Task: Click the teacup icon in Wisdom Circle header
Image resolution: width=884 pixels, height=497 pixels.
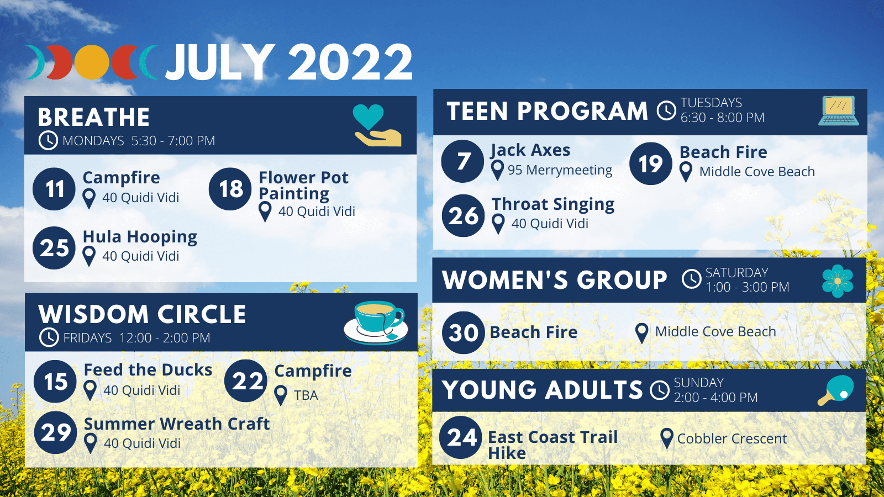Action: [x=376, y=322]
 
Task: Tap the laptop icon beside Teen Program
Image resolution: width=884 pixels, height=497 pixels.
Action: [x=839, y=111]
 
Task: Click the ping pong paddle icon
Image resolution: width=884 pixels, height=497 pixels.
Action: [x=836, y=390]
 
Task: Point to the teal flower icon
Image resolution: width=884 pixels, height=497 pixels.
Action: [x=838, y=281]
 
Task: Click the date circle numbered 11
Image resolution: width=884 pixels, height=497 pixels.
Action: [x=54, y=189]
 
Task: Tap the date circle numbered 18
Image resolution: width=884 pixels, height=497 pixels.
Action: [x=230, y=189]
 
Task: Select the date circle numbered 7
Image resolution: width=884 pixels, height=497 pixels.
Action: [x=462, y=161]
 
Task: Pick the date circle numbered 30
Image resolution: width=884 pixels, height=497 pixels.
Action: [x=464, y=332]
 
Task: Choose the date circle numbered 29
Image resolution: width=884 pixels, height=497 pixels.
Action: [x=56, y=433]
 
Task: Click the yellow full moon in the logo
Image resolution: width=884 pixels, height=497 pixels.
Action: [x=92, y=62]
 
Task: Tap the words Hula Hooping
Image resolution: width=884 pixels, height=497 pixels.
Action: [x=140, y=237]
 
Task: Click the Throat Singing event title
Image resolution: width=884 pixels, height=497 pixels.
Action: [x=553, y=205]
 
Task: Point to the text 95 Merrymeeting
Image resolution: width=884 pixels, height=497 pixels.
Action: [x=560, y=170]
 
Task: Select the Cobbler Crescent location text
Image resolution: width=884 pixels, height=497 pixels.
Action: [x=732, y=438]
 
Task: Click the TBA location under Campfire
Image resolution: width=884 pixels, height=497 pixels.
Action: [x=306, y=395]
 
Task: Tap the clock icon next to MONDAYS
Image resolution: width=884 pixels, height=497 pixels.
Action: [x=48, y=140]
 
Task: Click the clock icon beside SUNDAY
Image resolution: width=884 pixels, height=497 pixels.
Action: [x=660, y=390]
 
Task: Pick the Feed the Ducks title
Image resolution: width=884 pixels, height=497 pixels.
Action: [x=149, y=370]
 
